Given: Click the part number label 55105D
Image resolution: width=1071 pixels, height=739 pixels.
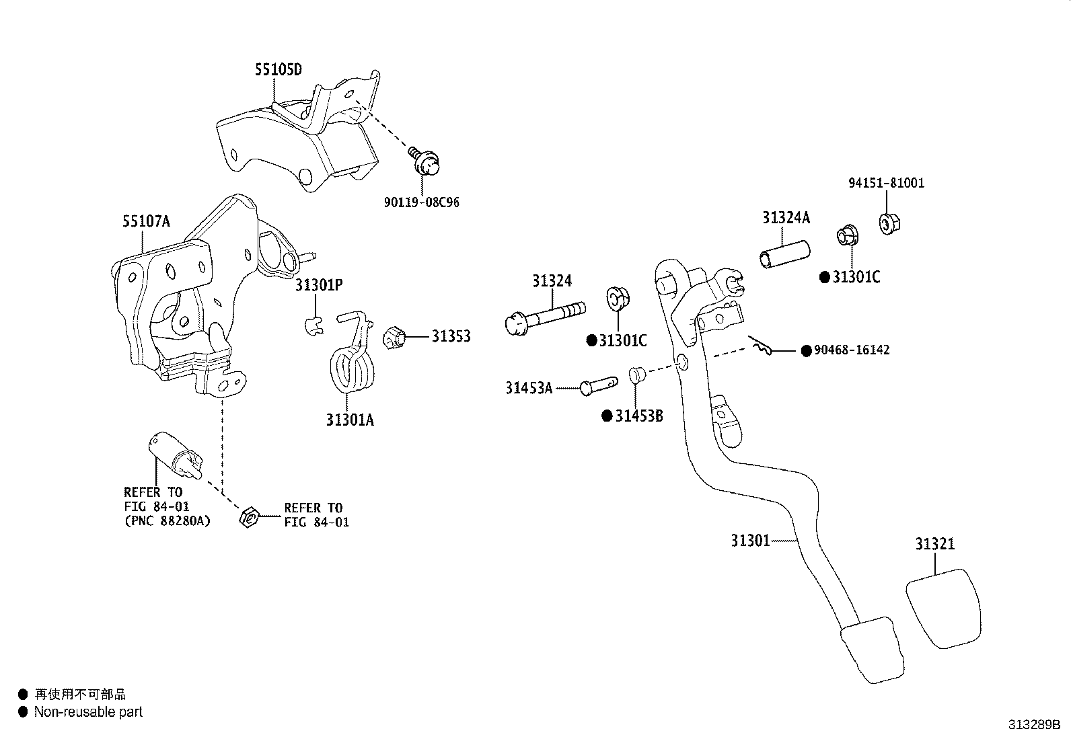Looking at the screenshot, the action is [279, 70].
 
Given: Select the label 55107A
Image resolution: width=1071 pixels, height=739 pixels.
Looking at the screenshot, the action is [146, 221].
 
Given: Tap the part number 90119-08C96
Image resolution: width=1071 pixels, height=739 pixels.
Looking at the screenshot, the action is [422, 202].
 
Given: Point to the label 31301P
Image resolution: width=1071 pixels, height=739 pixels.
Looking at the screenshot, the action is [319, 285].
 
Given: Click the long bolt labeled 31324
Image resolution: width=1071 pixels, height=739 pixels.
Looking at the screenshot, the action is [545, 317].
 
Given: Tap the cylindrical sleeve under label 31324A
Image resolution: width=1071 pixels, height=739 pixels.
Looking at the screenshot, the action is [784, 254].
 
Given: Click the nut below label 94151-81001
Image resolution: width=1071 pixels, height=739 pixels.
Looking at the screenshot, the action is [889, 224].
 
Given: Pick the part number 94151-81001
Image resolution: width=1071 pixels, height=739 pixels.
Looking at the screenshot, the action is [887, 183].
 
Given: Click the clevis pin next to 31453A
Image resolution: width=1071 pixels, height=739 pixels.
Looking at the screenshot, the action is [599, 386].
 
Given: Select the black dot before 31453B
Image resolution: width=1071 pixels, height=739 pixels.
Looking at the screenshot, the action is [607, 416].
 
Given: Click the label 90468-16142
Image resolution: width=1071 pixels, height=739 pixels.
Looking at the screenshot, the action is [852, 350].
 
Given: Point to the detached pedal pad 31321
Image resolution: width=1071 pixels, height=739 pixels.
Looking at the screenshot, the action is [943, 609].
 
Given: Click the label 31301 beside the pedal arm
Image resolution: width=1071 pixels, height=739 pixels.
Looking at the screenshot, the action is [750, 541].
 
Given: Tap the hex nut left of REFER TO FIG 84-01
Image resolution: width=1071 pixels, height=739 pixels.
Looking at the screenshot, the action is [249, 516].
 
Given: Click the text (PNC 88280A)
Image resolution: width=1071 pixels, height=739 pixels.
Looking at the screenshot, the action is [168, 520].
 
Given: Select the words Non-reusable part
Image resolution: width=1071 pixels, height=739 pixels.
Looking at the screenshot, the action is [88, 711].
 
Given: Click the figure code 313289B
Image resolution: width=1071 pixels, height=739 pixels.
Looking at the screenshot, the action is [1034, 725].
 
